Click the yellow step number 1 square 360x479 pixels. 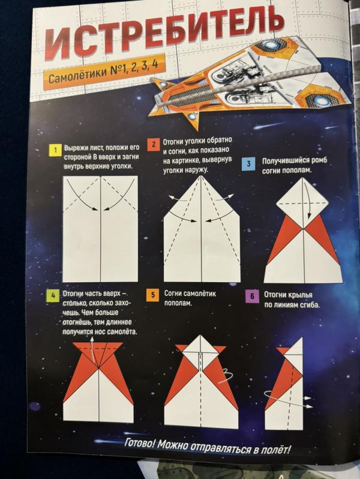click(55, 150)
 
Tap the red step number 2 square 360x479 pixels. click(154, 145)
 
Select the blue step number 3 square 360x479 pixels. click(248, 163)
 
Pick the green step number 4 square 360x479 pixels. click(53, 295)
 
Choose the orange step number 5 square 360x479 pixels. click(153, 295)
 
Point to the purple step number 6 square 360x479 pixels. click(252, 296)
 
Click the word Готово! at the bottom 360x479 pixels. click(140, 443)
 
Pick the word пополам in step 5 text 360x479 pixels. click(178, 303)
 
